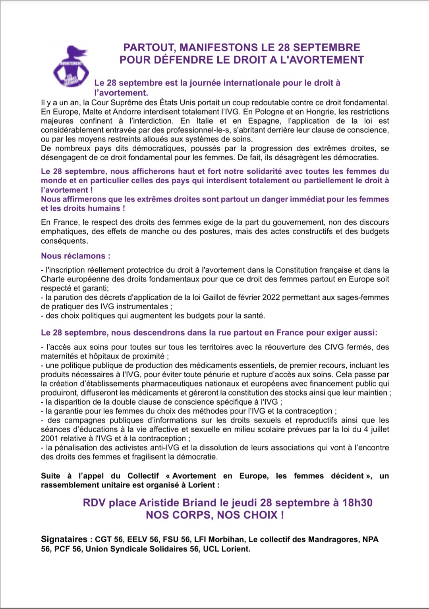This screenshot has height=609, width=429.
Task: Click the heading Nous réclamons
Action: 75,256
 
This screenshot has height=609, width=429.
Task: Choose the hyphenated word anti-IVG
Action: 161,448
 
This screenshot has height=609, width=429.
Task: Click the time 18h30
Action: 357,503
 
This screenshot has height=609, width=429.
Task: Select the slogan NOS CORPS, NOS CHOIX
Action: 215,515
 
